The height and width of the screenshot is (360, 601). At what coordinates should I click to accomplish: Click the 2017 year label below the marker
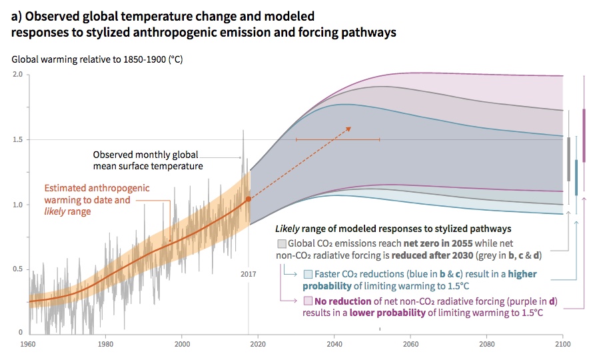point(248,274)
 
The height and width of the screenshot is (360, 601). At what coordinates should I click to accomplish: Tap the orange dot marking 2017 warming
point(249,199)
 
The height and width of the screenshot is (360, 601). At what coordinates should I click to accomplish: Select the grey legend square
point(282,243)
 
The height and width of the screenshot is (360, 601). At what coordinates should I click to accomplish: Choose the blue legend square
point(308,274)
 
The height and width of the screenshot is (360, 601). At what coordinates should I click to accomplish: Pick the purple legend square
point(308,301)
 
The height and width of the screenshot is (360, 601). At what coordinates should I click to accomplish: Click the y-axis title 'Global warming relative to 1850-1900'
point(97,59)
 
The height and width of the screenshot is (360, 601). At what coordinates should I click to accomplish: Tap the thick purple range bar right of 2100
point(584,135)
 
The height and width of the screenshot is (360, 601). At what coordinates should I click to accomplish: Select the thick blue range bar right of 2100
point(576,177)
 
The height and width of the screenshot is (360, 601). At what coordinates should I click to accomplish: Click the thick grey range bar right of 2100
point(568,159)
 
